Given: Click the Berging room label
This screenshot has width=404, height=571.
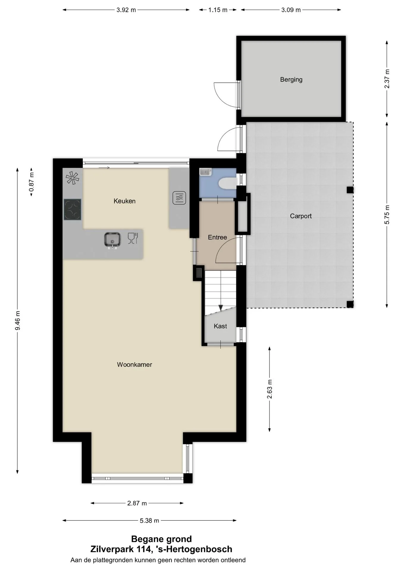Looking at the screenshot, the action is pyautogui.click(x=291, y=80).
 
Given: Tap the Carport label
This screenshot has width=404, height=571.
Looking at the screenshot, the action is pyautogui.click(x=301, y=216).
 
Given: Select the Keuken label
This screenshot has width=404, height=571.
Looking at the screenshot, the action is pyautogui.click(x=124, y=201).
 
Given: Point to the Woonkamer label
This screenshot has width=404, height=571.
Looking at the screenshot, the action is pyautogui.click(x=134, y=365).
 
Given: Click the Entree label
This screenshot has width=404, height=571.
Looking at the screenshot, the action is pyautogui.click(x=217, y=237).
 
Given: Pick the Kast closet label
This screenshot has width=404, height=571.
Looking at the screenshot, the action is pyautogui.click(x=220, y=326).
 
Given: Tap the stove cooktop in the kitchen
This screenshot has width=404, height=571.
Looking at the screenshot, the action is pyautogui.click(x=72, y=209).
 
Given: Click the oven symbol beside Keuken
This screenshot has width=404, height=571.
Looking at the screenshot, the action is pyautogui.click(x=179, y=198).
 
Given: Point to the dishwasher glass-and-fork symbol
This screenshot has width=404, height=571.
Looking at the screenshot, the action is pyautogui.click(x=133, y=238).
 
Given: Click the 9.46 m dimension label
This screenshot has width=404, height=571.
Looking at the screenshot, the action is pyautogui.click(x=18, y=320).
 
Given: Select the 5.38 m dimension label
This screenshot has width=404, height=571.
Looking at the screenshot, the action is pyautogui.click(x=149, y=520).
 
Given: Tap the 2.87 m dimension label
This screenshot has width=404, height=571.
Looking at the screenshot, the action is pyautogui.click(x=137, y=503).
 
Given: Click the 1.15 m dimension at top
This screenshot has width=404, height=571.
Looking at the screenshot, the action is pyautogui.click(x=218, y=10).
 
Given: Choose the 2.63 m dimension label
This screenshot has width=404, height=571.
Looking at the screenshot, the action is pyautogui.click(x=270, y=389).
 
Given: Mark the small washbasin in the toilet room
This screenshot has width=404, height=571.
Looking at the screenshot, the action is pyautogui.click(x=205, y=172).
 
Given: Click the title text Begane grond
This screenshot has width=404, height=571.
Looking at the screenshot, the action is pyautogui.click(x=161, y=539).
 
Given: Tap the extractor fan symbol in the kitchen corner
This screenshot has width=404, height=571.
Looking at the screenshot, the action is pyautogui.click(x=73, y=178).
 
